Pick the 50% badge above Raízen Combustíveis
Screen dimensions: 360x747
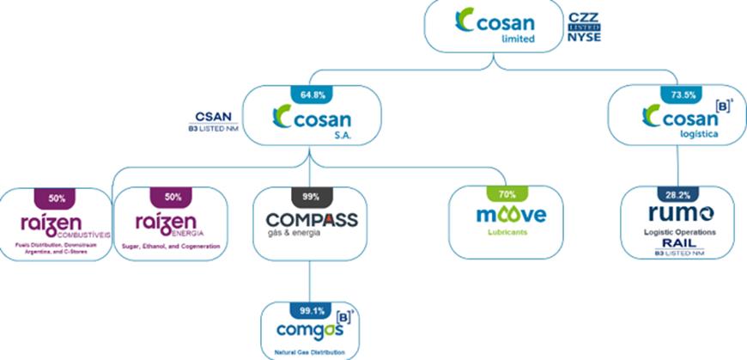[57, 197]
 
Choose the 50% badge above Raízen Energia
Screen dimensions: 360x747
[172, 197]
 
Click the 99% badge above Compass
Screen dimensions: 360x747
[310, 197]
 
